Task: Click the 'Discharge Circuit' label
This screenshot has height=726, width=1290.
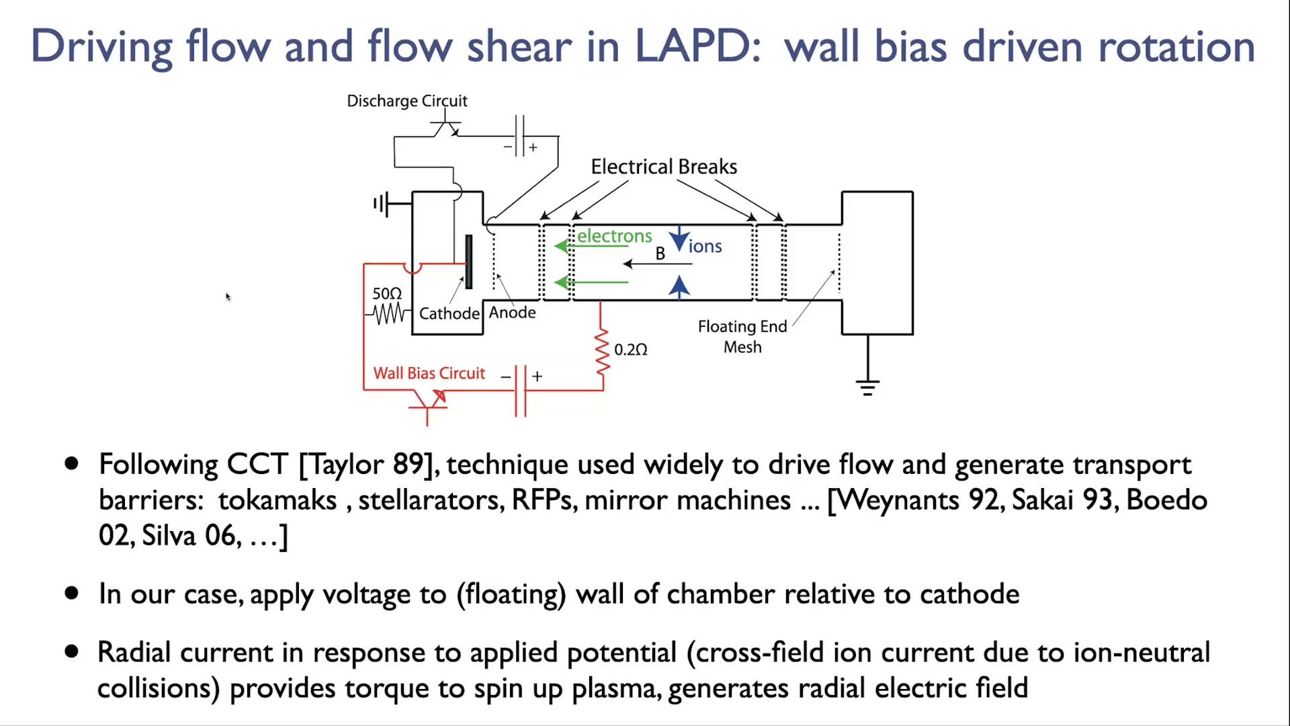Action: (x=406, y=101)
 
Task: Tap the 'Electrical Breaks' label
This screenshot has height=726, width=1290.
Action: (x=664, y=167)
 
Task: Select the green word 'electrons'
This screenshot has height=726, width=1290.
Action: (x=614, y=236)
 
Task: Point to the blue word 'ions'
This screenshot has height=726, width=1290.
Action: (x=705, y=246)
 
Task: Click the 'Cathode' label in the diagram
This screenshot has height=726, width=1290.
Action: (x=449, y=313)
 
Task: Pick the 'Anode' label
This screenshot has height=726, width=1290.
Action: (x=512, y=313)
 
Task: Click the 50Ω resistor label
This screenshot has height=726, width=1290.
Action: (x=387, y=294)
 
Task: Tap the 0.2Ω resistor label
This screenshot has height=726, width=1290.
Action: (x=631, y=350)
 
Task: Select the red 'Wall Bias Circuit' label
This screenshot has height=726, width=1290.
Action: (x=429, y=373)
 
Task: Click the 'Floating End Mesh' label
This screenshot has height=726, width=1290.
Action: (x=742, y=337)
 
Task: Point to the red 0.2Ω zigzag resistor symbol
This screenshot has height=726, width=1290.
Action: (x=602, y=350)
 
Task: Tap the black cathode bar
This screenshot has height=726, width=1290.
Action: (x=469, y=262)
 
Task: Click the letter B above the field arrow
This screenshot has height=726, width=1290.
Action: (x=660, y=253)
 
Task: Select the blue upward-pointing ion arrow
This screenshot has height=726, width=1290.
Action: (x=679, y=286)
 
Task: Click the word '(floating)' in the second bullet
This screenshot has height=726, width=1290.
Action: (x=511, y=594)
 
